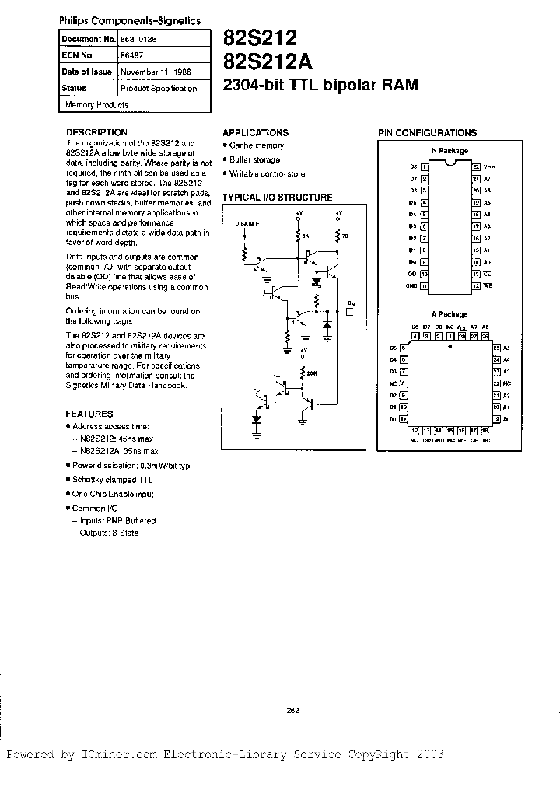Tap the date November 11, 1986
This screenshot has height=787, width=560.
tap(154, 71)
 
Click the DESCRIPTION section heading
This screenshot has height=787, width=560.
tap(96, 132)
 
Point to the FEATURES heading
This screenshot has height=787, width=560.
tap(89, 414)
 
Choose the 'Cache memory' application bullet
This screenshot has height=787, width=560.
tap(256, 145)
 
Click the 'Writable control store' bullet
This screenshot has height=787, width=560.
tap(267, 174)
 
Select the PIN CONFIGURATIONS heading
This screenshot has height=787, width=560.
tap(427, 133)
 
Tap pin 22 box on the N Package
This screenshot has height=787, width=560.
tap(474, 166)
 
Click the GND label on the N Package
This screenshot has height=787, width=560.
tap(413, 286)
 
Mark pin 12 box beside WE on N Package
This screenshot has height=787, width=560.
tap(474, 286)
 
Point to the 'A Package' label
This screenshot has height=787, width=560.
tap(450, 314)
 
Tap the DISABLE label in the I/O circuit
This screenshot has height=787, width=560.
tap(248, 223)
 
